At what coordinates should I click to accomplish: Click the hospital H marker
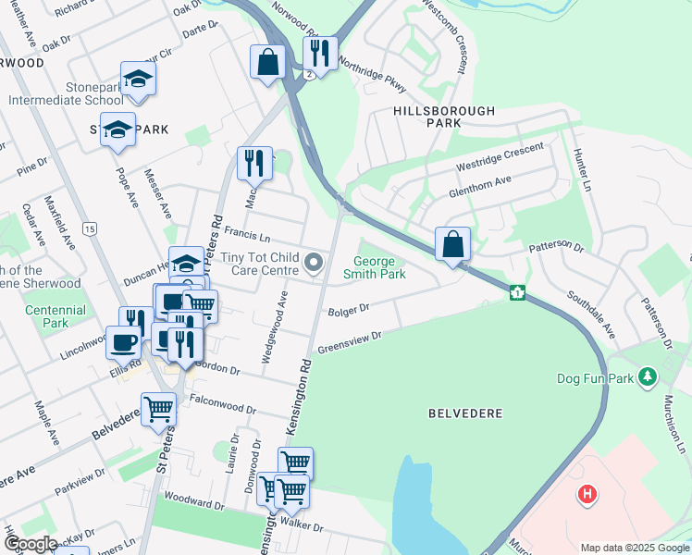586,495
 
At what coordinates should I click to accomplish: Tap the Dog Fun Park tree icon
649,377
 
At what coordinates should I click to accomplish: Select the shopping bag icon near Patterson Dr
452,246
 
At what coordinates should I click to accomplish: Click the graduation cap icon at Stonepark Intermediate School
138,80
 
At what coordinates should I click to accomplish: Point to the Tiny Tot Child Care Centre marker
314,265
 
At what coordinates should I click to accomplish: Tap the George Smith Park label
375,268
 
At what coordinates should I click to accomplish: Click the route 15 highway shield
89,228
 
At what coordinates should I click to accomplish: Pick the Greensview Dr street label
350,344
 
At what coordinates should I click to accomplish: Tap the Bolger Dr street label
349,309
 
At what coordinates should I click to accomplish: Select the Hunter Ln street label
581,169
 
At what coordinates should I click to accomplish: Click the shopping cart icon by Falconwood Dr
158,408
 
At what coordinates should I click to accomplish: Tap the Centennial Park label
56,316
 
